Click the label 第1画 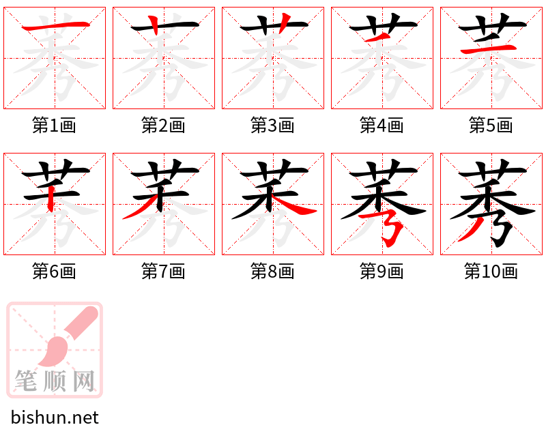(x=55, y=126)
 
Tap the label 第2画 (x=164, y=126)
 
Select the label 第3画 (x=273, y=126)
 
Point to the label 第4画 (x=382, y=126)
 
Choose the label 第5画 (x=491, y=126)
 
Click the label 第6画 (x=55, y=272)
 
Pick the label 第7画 (x=164, y=272)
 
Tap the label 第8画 (x=273, y=272)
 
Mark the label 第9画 (x=382, y=272)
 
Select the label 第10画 (x=491, y=272)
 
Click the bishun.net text (x=55, y=418)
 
